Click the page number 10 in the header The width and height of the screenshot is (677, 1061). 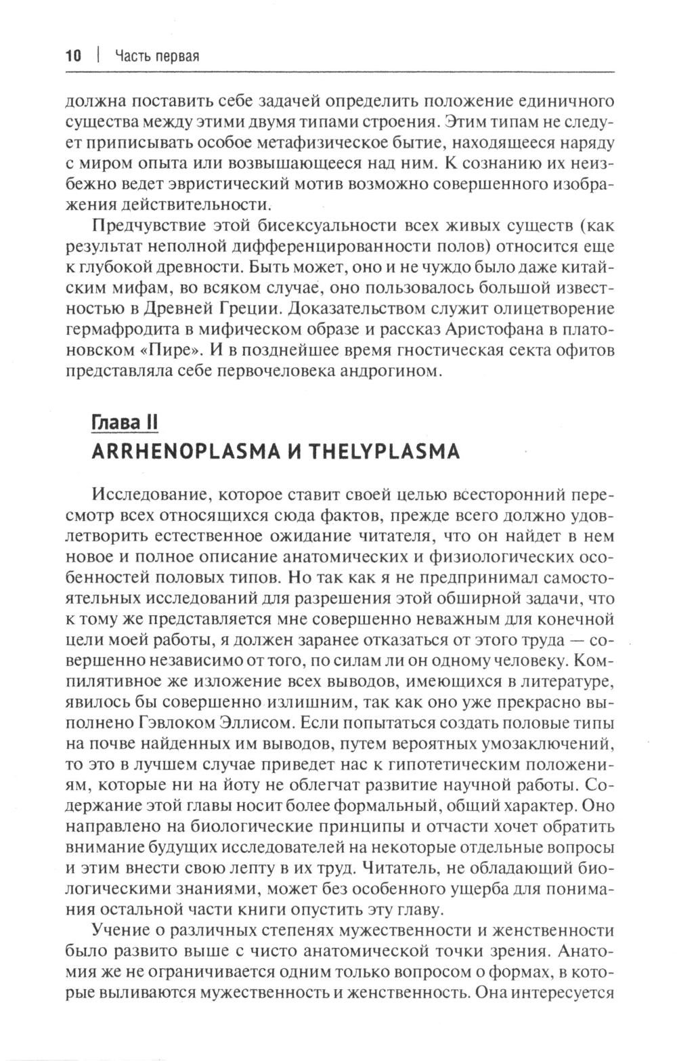click(73, 56)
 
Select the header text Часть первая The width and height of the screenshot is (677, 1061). click(156, 56)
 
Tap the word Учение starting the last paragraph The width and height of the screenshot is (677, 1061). click(119, 930)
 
